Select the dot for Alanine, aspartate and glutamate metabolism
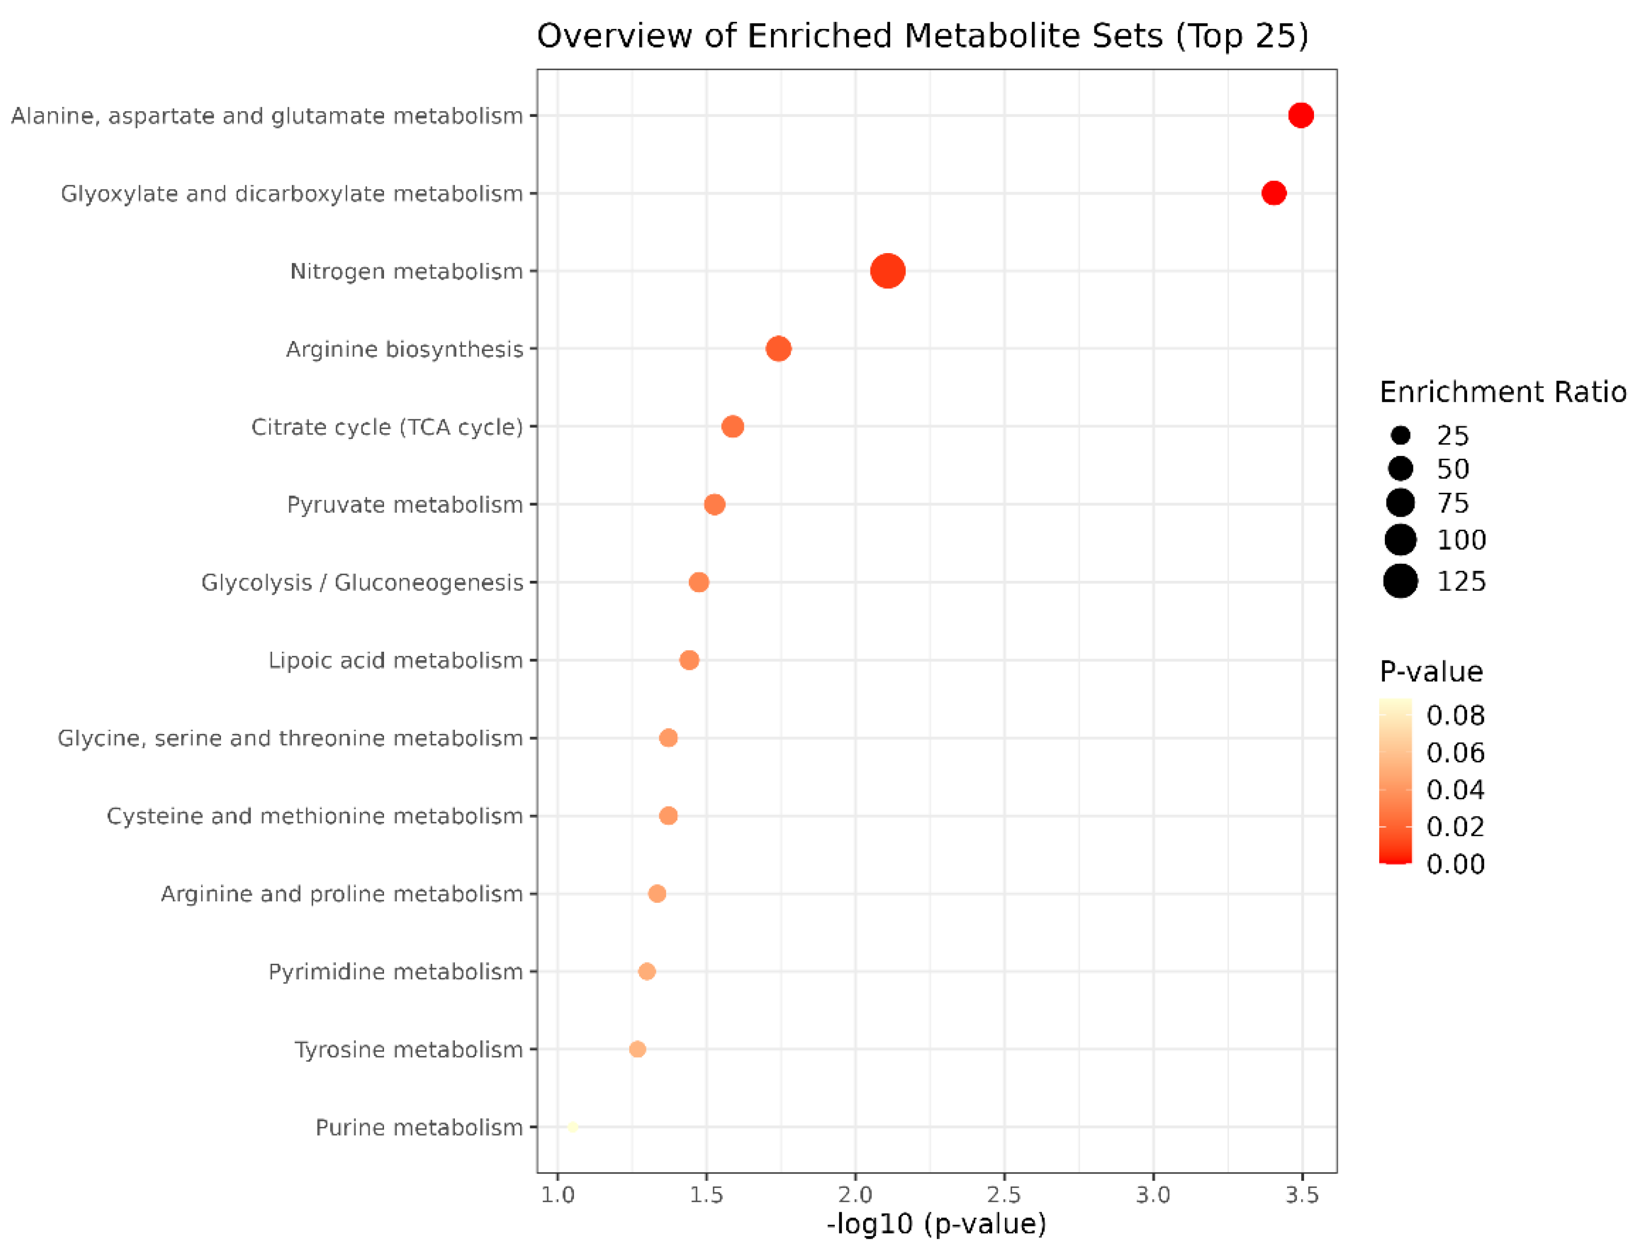(1301, 115)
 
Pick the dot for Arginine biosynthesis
(778, 348)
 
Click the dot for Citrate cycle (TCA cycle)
(732, 427)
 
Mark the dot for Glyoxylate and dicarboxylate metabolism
(1274, 193)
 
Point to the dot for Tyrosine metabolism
(637, 1049)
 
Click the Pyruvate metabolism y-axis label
(405, 504)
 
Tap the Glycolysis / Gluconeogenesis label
(362, 582)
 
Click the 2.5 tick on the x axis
(1004, 1195)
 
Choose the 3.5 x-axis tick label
(1302, 1195)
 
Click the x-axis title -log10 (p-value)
(937, 1224)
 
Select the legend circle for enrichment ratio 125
(1400, 580)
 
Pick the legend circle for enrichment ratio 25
(1400, 435)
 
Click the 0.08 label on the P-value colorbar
(1455, 715)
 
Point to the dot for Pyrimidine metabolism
(647, 971)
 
